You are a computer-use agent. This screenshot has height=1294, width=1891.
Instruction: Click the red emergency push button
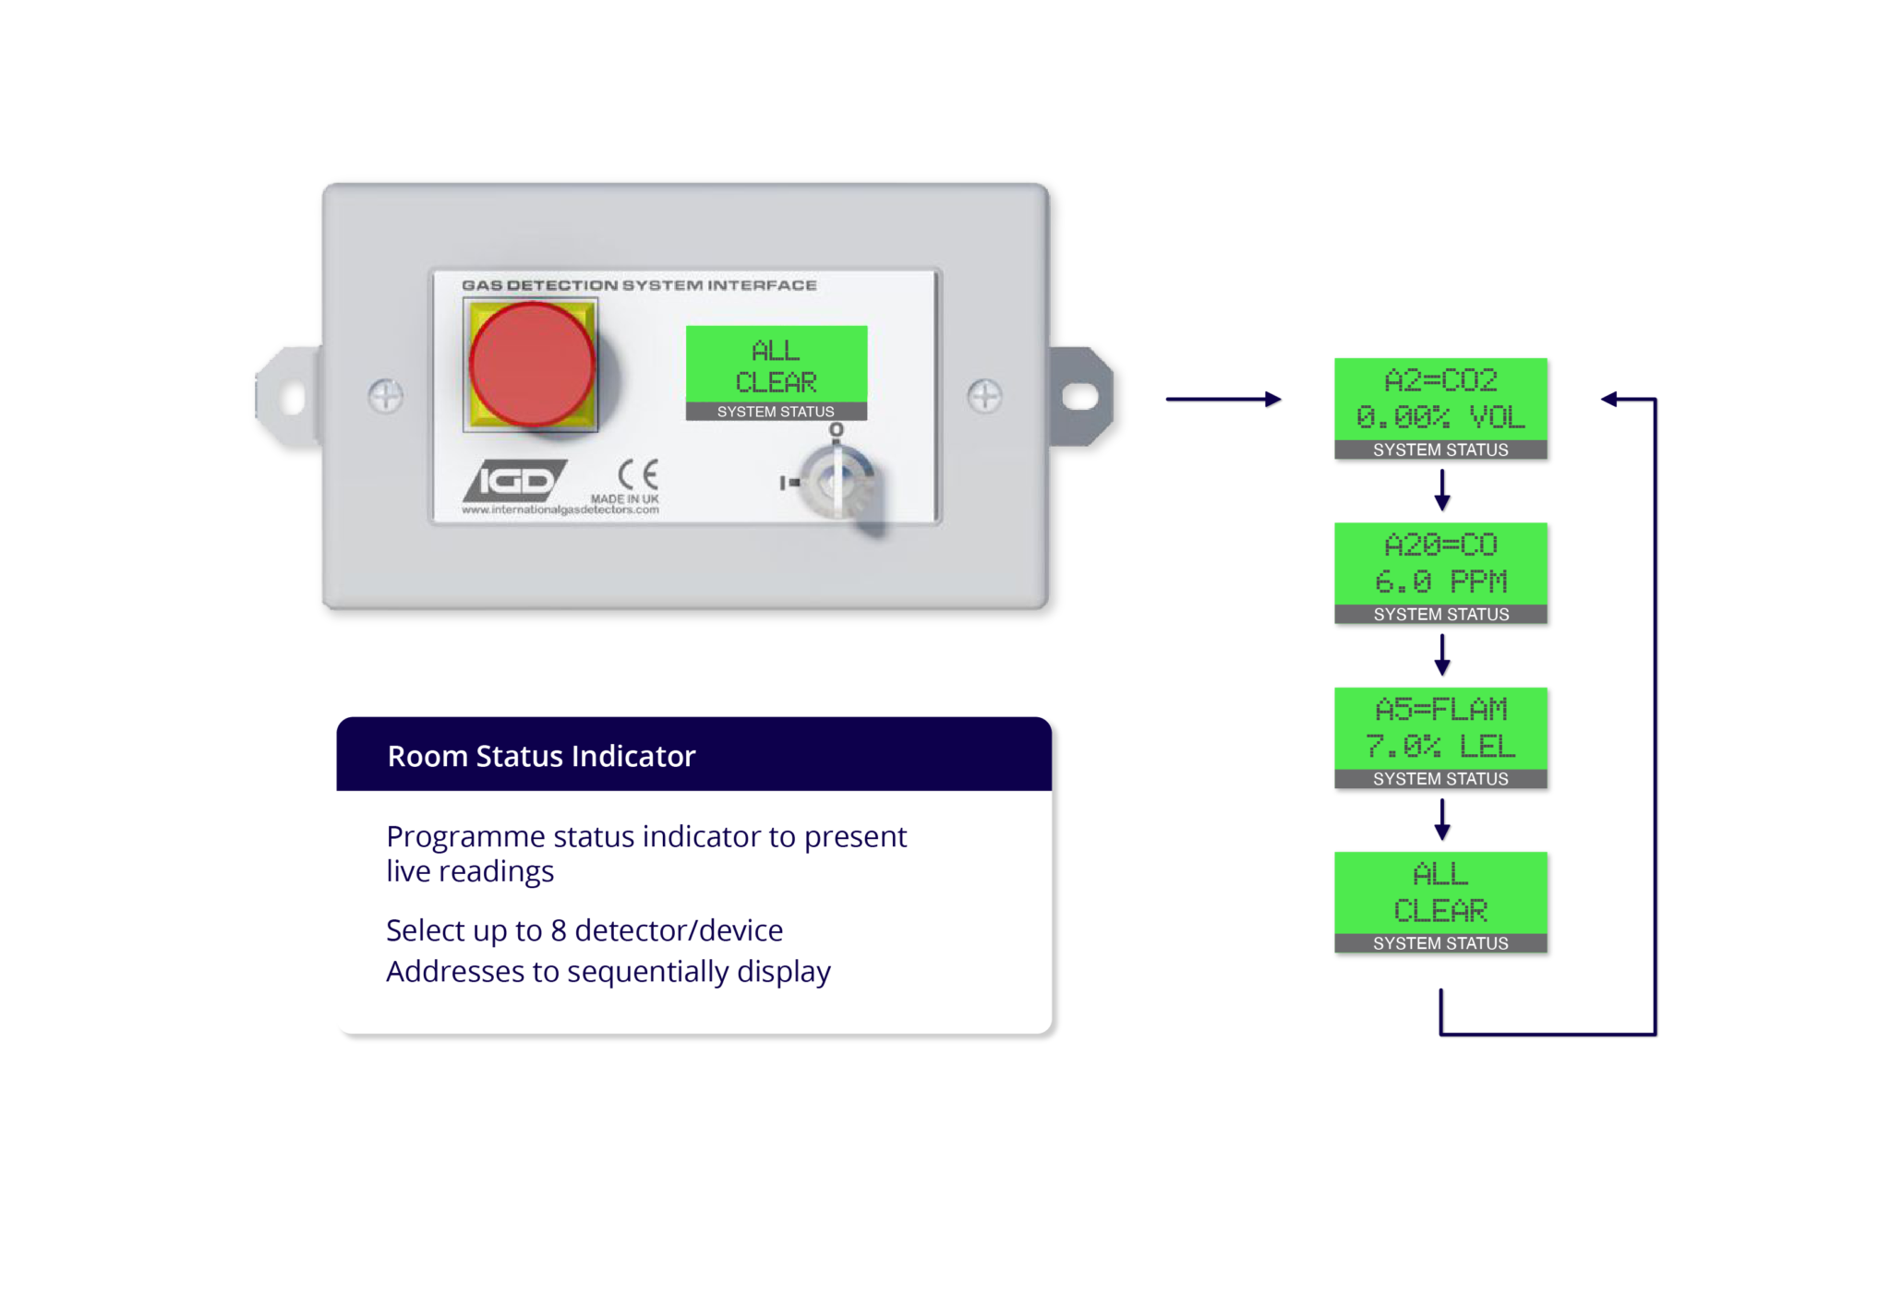(531, 365)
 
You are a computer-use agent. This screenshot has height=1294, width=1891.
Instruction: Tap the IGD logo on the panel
(514, 480)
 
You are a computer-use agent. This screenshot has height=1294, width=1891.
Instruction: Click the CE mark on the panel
(638, 474)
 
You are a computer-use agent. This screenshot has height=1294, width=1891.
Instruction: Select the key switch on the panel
(837, 482)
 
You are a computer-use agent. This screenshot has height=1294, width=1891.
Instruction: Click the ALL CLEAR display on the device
(776, 365)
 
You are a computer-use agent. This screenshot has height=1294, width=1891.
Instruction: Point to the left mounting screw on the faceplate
(385, 396)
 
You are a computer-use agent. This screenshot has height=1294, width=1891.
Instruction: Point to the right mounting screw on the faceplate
(984, 396)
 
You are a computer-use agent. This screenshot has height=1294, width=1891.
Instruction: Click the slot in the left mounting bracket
(293, 398)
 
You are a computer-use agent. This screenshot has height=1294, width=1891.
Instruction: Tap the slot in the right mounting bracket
(1079, 397)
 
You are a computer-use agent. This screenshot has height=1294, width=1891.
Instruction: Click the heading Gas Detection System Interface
(639, 285)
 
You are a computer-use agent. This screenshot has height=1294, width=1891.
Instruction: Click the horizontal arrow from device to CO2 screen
(1223, 399)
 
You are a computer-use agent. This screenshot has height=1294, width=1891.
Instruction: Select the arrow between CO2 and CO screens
(1441, 490)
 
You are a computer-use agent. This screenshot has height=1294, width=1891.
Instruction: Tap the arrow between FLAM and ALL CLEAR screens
(1441, 820)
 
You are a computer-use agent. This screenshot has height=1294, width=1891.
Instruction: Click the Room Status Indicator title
(541, 756)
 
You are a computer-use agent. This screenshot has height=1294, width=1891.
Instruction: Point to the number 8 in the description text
(559, 930)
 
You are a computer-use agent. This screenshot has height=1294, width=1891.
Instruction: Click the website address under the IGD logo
(560, 509)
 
